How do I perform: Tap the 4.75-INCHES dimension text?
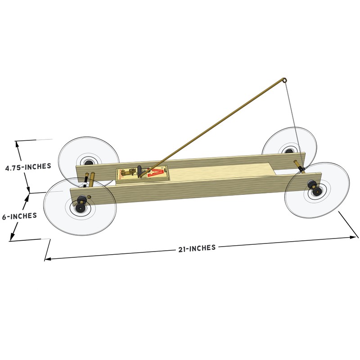(x=27, y=166)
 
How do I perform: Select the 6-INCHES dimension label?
(x=19, y=216)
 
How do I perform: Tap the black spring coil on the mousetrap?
(x=140, y=171)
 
